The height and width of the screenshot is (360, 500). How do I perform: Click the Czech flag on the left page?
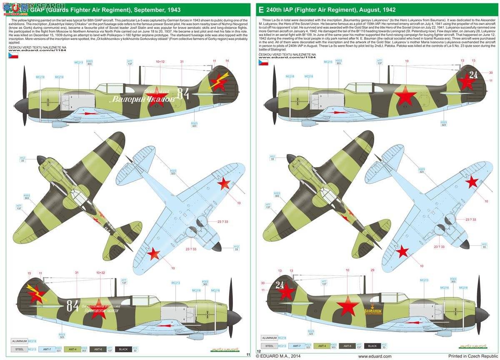click(12, 66)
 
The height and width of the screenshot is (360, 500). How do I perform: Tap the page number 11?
click(248, 355)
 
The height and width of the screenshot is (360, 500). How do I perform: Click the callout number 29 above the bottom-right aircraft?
click(372, 270)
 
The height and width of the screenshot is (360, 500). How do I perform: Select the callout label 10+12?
click(160, 62)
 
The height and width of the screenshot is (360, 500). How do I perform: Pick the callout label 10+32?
click(100, 273)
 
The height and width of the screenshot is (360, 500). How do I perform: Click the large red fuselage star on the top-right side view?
click(405, 96)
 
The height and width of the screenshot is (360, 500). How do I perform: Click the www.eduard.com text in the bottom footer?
click(375, 356)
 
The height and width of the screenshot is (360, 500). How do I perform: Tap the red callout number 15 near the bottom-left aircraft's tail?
click(29, 273)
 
